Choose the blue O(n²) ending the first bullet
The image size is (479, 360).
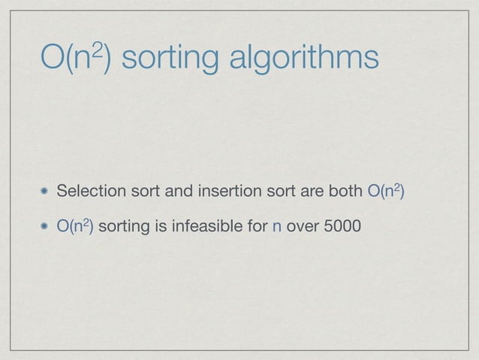387,192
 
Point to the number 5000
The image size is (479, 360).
343,225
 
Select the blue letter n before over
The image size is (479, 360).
277,225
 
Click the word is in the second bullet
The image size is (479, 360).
160,225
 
